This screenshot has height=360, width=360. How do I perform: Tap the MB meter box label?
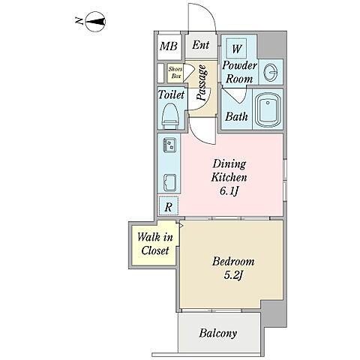pos(169,46)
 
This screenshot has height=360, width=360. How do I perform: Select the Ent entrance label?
pos(201,45)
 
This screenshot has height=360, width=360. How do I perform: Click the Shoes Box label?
pos(175,73)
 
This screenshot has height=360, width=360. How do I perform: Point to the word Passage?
pos(202,82)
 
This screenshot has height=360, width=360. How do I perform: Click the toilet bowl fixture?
pos(170,115)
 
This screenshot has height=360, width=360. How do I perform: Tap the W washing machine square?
pos(236,49)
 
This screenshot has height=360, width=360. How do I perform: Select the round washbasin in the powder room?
pos(271,73)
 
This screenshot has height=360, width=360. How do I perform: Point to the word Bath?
pos(236,116)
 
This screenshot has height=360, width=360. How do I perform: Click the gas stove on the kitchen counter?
pos(169,145)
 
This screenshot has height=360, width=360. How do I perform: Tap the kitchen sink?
pos(169,181)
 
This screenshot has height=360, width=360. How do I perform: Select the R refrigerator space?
pos(169,206)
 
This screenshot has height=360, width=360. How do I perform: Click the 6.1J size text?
pos(229,191)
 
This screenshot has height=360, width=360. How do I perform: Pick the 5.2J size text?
pos(233,275)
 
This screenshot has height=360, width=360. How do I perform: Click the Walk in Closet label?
pos(155,244)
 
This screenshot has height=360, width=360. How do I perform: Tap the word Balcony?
pos(218,333)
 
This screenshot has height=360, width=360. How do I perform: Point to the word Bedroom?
pos(233,262)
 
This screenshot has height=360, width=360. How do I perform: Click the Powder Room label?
pos(239,72)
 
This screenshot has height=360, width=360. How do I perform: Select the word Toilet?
pos(171,94)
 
